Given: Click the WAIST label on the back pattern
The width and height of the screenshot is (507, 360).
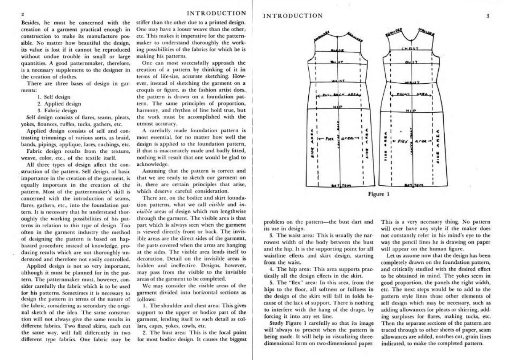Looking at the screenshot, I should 339,81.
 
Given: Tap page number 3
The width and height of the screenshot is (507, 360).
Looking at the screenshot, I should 488,16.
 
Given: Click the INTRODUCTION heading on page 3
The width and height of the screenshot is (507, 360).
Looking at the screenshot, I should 293,16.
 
